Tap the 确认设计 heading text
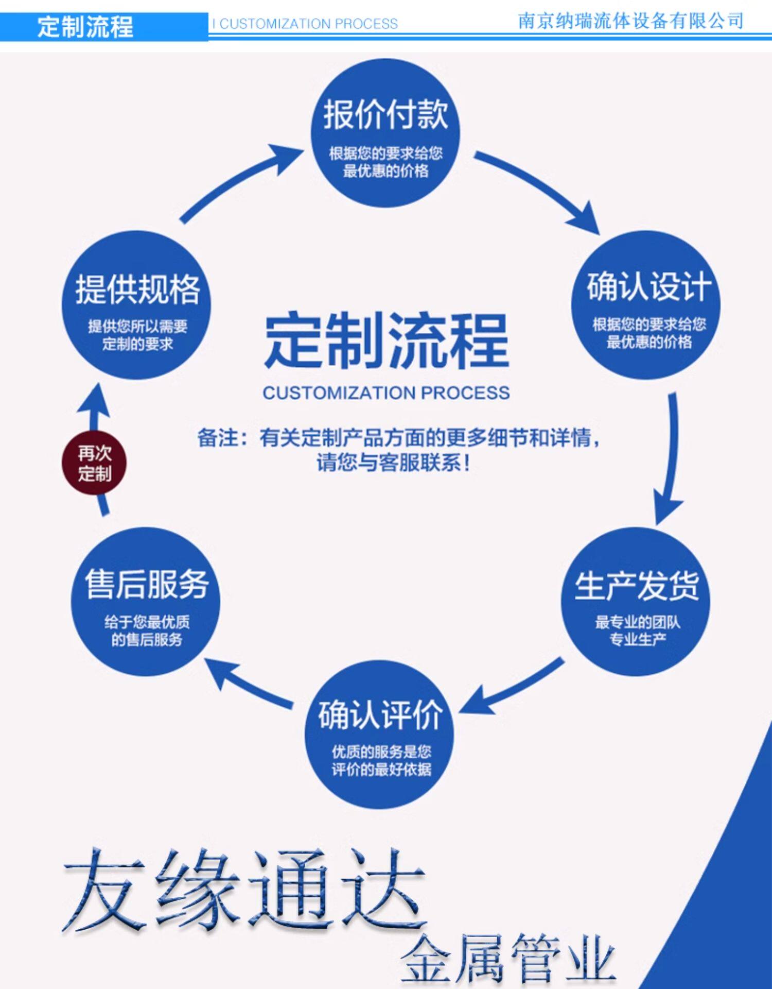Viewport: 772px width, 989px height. [648, 286]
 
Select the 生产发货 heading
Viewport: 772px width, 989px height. [637, 586]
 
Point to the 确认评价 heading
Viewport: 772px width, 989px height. [380, 715]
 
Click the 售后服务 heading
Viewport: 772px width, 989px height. [147, 585]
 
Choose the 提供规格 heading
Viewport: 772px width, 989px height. [137, 289]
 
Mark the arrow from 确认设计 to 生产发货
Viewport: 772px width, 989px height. [671, 458]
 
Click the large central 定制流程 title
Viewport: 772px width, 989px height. [386, 341]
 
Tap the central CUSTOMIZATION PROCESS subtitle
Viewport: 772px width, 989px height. [386, 393]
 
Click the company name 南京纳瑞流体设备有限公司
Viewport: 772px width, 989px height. [630, 21]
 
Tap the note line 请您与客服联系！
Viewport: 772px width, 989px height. [394, 463]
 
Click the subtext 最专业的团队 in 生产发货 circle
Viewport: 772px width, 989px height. [638, 622]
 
